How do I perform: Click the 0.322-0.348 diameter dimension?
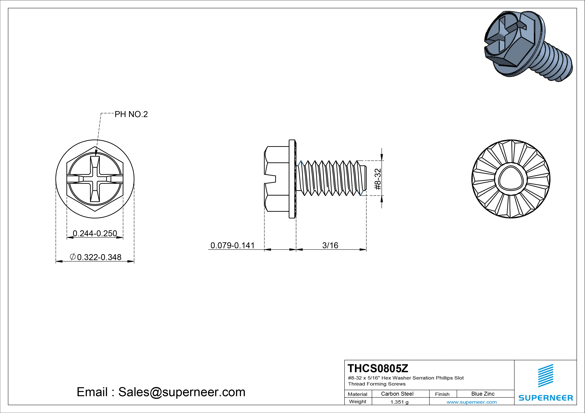coord(99,257)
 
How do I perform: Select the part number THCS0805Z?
coord(378,368)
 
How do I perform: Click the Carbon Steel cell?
coord(397,394)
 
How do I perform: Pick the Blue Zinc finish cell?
coord(483,394)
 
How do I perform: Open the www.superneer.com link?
coord(471,402)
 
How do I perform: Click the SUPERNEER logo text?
coord(546,398)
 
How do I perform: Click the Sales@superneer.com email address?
coord(182,392)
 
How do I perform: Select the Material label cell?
coord(357,394)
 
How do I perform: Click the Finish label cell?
coord(442,394)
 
